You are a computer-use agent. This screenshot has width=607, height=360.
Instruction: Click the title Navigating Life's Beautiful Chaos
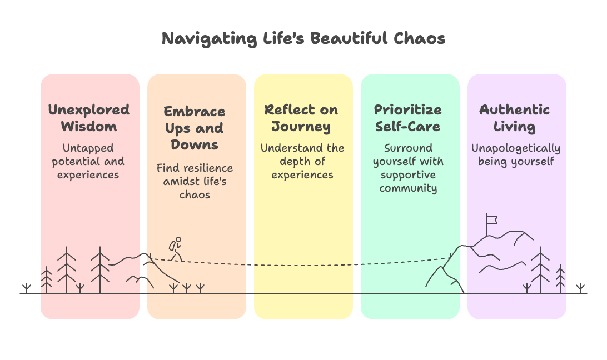[x=303, y=38]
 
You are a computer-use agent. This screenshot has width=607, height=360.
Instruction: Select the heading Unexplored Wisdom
[x=89, y=118]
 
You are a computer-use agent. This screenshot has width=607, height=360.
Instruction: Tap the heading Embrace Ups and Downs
[x=195, y=128]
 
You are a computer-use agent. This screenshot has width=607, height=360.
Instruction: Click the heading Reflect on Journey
[x=301, y=118]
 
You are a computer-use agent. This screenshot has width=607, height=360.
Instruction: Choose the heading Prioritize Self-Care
[x=407, y=118]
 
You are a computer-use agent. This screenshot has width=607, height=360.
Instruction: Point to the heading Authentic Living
[x=515, y=118]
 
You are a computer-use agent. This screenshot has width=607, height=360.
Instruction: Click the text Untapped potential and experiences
[x=88, y=161]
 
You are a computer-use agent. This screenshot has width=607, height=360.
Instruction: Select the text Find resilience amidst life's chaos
[x=195, y=181]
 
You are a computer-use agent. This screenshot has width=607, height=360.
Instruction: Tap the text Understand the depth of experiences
[x=302, y=161]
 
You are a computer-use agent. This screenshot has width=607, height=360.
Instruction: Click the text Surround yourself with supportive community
[x=408, y=168]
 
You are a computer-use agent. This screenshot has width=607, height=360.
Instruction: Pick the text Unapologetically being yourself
[x=516, y=155]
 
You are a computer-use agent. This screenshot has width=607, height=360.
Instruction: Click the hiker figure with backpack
[x=176, y=249]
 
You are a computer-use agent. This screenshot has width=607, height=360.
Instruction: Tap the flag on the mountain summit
[x=491, y=219]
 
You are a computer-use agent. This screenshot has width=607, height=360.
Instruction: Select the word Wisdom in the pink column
[x=89, y=126]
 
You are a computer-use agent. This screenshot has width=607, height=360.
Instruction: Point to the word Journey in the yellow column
[x=301, y=127]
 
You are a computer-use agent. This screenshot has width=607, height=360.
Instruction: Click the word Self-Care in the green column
[x=407, y=126]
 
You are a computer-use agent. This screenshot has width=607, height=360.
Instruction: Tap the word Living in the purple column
[x=515, y=127]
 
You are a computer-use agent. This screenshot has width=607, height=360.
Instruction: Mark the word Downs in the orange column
[x=195, y=145]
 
